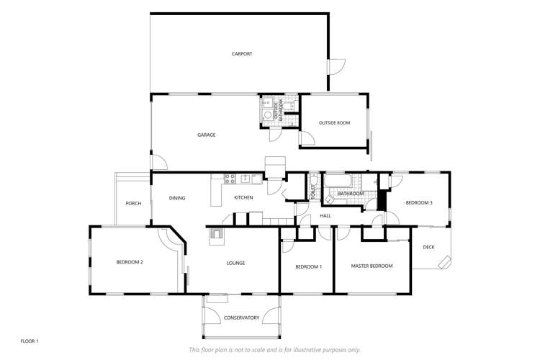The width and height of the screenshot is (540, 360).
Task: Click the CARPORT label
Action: point(241,54)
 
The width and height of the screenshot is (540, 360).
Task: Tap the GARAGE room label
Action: point(207,135)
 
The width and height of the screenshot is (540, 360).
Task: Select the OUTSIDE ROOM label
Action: point(334,123)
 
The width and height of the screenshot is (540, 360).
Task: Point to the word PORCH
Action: point(133,203)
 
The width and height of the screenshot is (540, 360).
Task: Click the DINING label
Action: point(177,198)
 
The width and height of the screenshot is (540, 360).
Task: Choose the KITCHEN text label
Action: point(243,198)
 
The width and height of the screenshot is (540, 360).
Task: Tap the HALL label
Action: point(325,215)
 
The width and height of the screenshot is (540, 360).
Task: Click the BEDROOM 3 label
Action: point(419,203)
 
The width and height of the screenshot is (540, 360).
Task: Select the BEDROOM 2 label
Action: point(130,262)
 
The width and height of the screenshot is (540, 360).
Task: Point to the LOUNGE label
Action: point(235,263)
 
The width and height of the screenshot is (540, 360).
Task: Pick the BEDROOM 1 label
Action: point(309,266)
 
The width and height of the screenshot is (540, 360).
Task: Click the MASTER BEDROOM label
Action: point(372,266)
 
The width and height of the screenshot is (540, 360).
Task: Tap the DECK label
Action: point(429,247)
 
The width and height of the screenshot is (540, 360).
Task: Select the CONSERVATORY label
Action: point(241,318)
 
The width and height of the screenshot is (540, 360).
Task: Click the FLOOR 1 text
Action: point(29,340)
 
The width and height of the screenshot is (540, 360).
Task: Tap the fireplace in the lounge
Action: point(216,233)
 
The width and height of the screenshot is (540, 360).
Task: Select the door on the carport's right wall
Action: point(334,66)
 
